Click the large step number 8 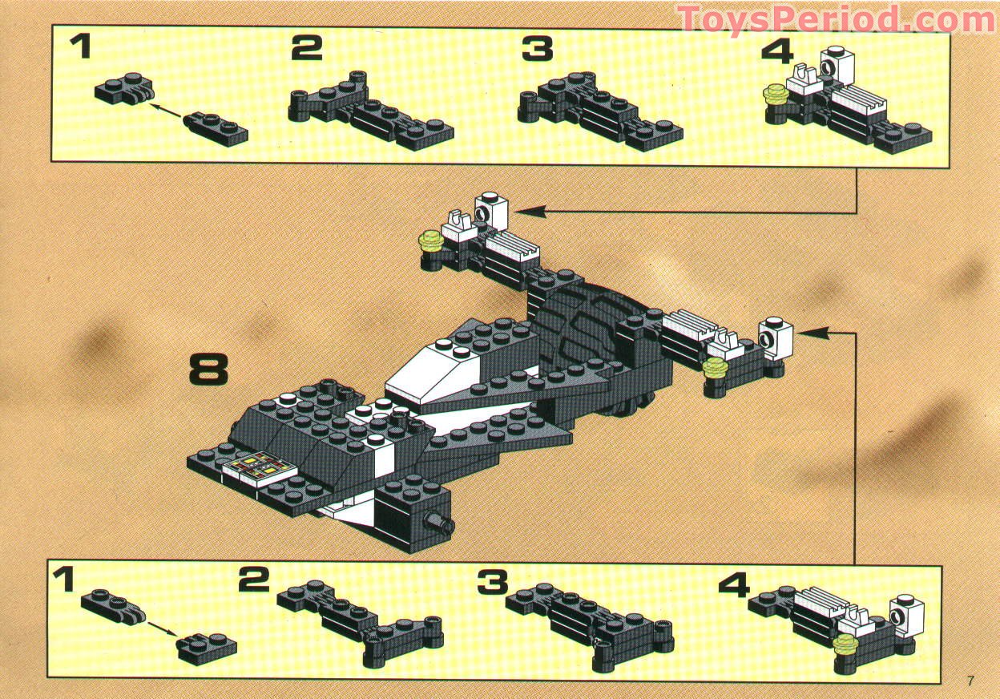(x=209, y=370)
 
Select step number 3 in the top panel (x=538, y=49)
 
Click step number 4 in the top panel (x=776, y=51)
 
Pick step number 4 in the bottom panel (x=733, y=585)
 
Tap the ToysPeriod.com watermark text (x=836, y=18)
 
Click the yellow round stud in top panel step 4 (x=775, y=95)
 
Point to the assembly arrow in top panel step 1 (x=165, y=109)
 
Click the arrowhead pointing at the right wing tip (x=804, y=329)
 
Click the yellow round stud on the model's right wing (x=716, y=367)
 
